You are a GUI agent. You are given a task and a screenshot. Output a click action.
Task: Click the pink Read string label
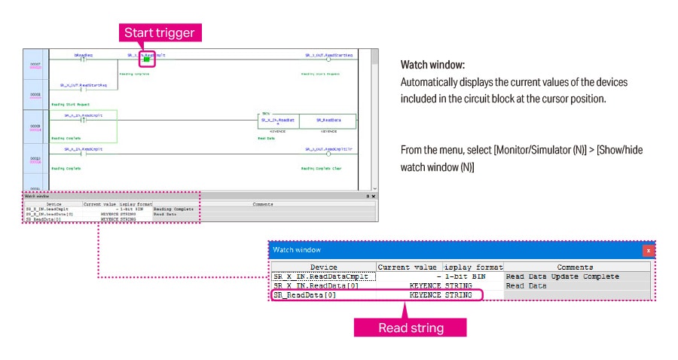point(411,328)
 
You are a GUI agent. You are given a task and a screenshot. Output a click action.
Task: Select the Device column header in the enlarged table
point(324,267)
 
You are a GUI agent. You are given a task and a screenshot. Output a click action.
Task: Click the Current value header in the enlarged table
point(408,267)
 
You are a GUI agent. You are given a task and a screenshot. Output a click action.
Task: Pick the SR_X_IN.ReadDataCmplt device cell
point(324,276)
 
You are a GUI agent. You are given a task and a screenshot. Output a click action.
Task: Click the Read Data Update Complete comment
point(562,276)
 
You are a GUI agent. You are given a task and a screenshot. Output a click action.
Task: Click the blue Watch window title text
point(297,249)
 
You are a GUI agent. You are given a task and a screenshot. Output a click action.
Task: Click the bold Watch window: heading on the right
point(432,66)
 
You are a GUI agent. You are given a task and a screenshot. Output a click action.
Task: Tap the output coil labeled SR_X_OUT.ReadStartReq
point(328,59)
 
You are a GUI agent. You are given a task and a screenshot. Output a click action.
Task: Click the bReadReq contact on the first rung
point(84,59)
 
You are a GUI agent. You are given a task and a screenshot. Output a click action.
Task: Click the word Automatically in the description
point(433,82)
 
